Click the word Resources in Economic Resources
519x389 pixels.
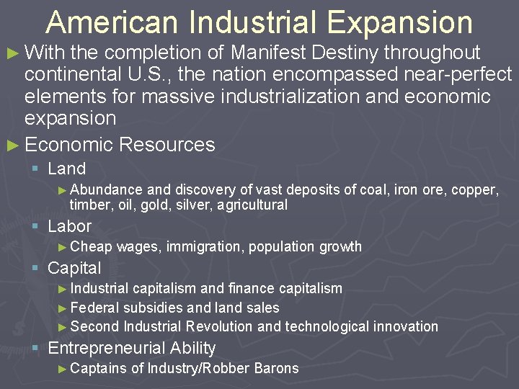point(167,144)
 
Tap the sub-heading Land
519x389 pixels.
point(66,169)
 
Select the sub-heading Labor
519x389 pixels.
point(69,225)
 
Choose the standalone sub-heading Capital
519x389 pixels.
point(74,268)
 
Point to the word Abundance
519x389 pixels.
point(107,190)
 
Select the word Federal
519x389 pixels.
point(94,308)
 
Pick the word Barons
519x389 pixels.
point(276,368)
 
